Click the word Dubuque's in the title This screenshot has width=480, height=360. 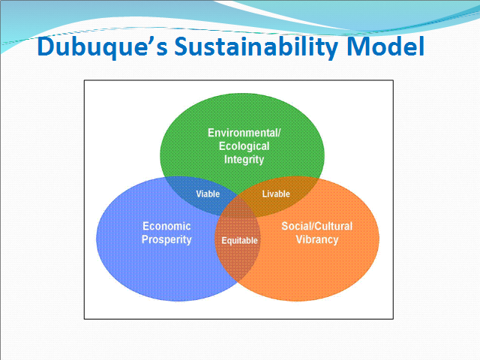(x=103, y=46)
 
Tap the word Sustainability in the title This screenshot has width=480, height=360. (x=256, y=46)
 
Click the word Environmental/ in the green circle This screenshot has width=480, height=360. (x=244, y=133)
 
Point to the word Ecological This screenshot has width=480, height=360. (x=244, y=146)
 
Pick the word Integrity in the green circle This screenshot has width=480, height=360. (x=244, y=160)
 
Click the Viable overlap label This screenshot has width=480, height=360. (x=208, y=193)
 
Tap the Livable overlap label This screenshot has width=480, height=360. (x=276, y=193)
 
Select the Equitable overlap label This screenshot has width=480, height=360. (x=239, y=241)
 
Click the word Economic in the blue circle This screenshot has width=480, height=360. (x=166, y=226)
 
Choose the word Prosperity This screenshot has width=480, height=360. (x=166, y=240)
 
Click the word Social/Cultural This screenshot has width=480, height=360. (x=316, y=226)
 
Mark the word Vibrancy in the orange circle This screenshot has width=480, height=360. (x=316, y=240)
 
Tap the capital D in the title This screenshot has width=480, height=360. (x=46, y=46)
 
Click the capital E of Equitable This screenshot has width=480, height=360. (x=224, y=240)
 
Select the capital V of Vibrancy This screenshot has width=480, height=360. (x=299, y=239)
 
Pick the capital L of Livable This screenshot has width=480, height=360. (x=265, y=193)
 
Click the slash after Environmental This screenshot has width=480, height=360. (x=278, y=133)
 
